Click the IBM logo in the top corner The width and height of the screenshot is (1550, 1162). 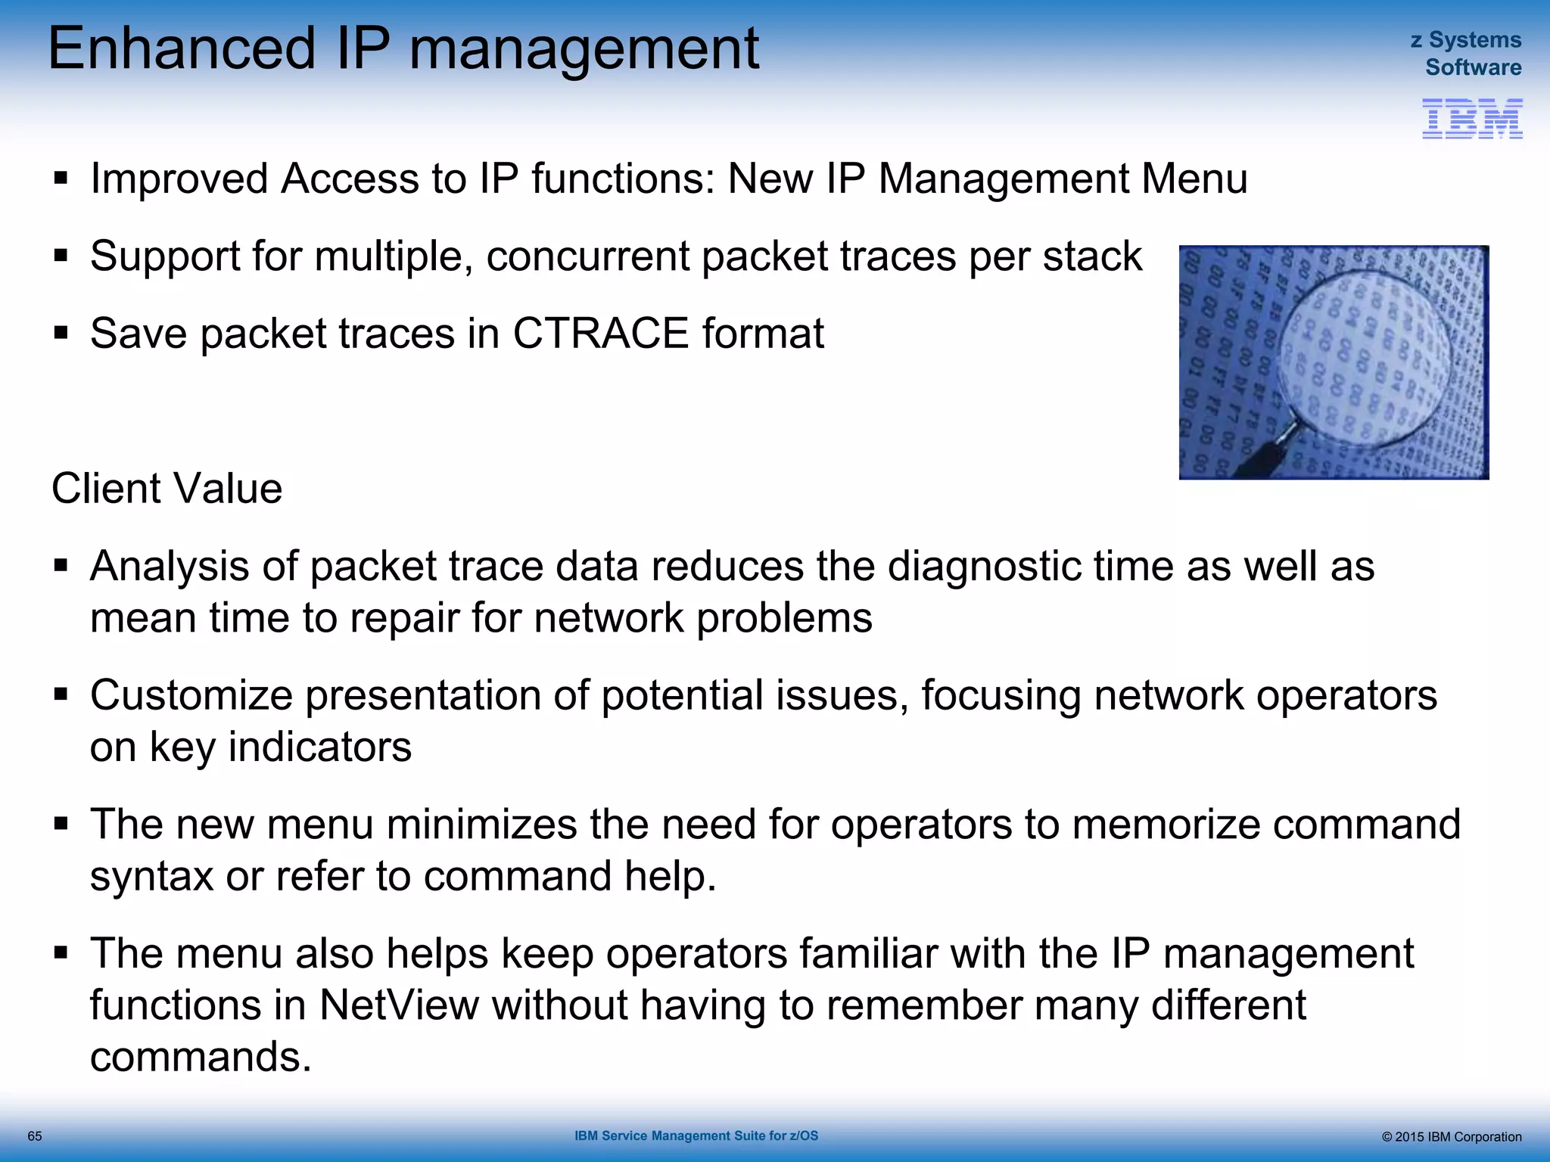pos(1471,119)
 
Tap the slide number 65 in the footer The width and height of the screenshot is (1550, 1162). pos(35,1136)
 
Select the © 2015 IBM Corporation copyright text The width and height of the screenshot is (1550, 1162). pos(1451,1137)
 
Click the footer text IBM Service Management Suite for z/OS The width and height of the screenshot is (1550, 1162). pos(696,1136)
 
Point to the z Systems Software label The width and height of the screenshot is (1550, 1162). pos(1466,53)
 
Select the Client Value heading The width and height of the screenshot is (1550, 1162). pos(167,488)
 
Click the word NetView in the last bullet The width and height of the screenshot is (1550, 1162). pos(399,1005)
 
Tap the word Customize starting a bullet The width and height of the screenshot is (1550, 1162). pos(191,694)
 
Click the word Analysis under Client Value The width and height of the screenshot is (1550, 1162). pos(169,566)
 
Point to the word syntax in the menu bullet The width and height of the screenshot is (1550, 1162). pos(151,876)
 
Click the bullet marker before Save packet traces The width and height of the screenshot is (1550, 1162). pos(61,333)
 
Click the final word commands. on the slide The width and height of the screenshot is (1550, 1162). pos(201,1056)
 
